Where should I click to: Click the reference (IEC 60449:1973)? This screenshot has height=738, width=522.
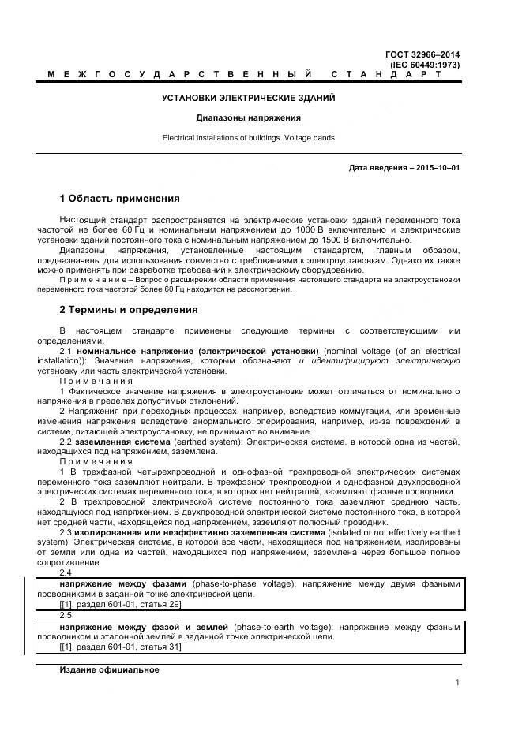(425, 64)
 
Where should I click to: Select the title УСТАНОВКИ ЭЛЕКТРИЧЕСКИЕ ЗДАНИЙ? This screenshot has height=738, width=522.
(249, 98)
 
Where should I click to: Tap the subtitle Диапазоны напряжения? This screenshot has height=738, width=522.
(249, 117)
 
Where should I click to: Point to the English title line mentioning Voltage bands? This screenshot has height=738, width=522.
(249, 137)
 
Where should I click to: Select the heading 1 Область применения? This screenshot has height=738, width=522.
(119, 198)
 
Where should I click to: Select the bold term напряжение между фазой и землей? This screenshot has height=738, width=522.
(144, 626)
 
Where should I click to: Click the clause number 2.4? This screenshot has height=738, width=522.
(66, 572)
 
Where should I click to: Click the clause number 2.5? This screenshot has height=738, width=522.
(66, 614)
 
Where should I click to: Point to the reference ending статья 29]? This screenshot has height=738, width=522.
(120, 605)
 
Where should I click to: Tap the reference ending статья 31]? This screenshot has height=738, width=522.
(120, 647)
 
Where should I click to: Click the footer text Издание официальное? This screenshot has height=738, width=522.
(109, 669)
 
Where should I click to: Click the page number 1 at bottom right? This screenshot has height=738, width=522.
(457, 683)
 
